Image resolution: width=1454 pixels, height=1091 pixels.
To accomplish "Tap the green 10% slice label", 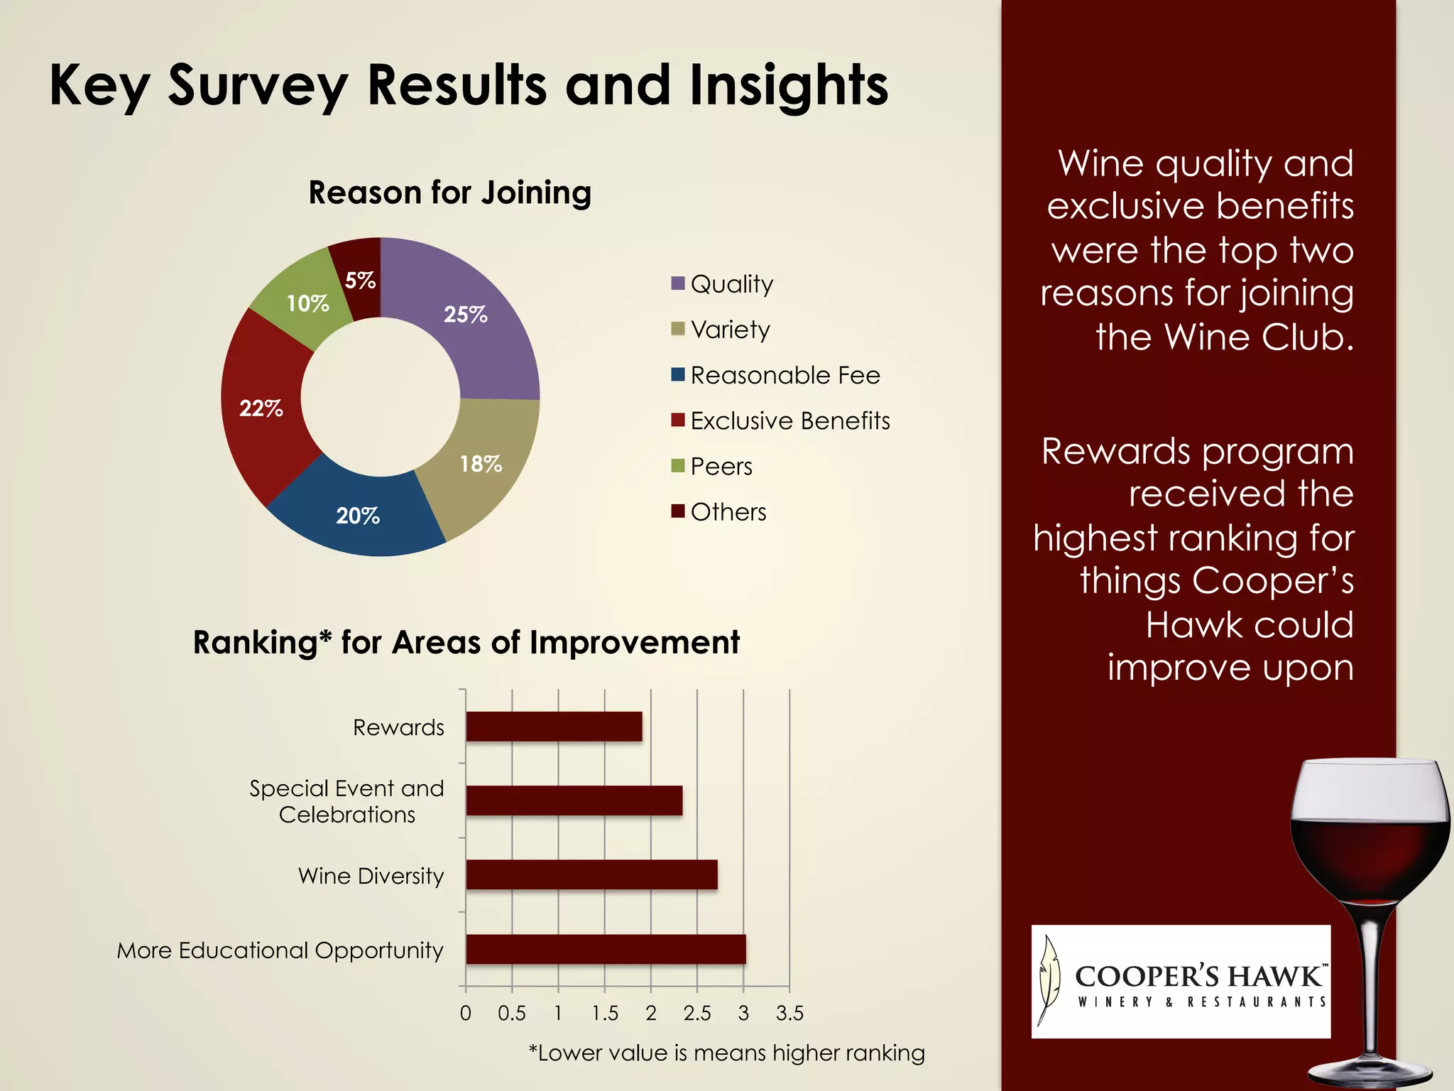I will coord(307,303).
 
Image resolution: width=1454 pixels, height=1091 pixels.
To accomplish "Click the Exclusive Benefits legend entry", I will coord(781,420).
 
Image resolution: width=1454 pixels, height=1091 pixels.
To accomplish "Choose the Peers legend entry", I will coord(713,466).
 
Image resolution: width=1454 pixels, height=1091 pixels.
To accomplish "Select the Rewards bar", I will coord(554,727).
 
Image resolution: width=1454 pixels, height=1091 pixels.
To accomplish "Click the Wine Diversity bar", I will coord(591,874).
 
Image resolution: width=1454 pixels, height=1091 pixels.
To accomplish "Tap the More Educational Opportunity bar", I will coord(606,949).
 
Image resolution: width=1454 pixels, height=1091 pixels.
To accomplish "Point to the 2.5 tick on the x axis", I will coord(697,1013).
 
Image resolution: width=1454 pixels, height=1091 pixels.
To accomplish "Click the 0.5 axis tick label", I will coord(512,1013).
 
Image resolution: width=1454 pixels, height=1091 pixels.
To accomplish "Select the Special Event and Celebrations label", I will coord(346,801).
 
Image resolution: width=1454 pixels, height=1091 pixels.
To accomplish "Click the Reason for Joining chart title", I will coord(449,192).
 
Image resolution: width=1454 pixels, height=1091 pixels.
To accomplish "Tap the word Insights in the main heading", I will coord(788,85).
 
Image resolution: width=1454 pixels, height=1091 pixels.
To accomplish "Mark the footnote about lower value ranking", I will coord(726,1053).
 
